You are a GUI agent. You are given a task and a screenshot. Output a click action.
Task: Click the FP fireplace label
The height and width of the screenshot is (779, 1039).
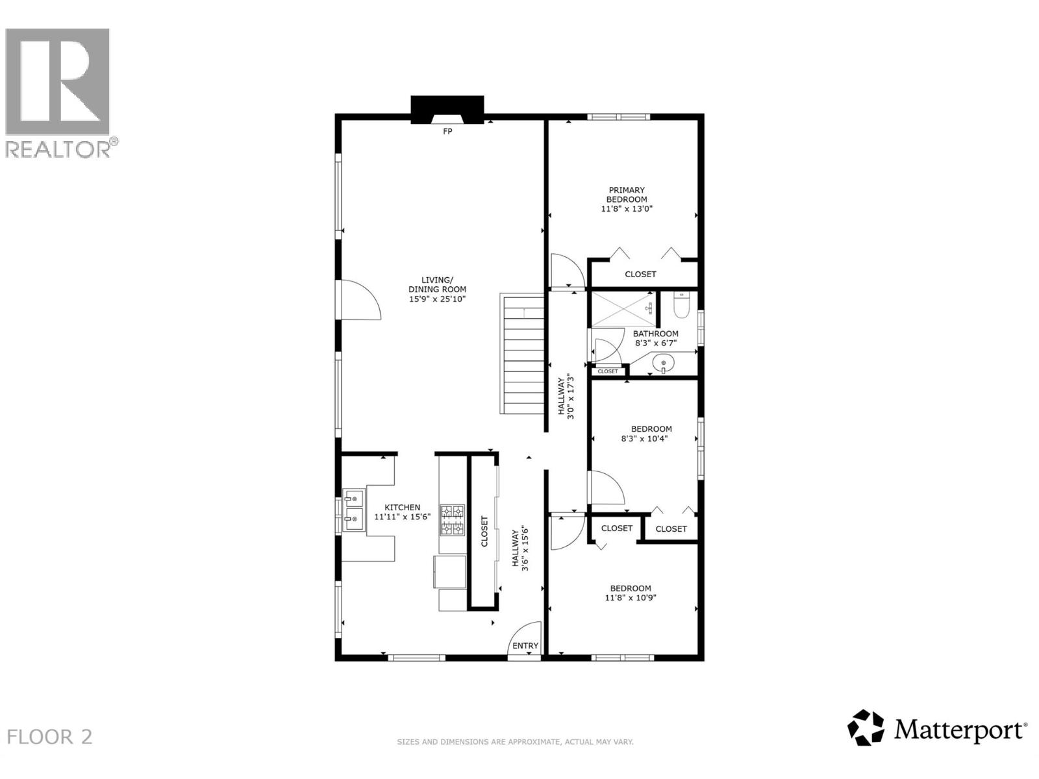pyautogui.click(x=447, y=132)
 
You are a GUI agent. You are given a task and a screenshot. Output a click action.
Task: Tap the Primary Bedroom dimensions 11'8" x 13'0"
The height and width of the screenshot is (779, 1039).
pyautogui.click(x=627, y=209)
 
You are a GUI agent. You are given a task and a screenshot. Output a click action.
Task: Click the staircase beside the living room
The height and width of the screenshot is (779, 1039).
pyautogui.click(x=522, y=354)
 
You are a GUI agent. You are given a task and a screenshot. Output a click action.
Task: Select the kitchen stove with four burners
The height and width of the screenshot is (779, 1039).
pyautogui.click(x=453, y=520)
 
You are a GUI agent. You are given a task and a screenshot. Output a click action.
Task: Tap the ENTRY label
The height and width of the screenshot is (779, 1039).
pyautogui.click(x=525, y=645)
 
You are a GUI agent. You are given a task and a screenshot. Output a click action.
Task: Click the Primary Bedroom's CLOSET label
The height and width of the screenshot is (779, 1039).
pyautogui.click(x=640, y=274)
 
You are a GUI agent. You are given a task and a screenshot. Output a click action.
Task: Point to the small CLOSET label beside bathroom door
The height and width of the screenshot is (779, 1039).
pyautogui.click(x=608, y=371)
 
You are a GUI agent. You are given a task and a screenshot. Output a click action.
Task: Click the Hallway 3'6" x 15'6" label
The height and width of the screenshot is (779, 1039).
pyautogui.click(x=520, y=549)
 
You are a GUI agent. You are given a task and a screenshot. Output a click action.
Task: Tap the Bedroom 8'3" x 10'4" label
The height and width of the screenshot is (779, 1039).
pyautogui.click(x=651, y=434)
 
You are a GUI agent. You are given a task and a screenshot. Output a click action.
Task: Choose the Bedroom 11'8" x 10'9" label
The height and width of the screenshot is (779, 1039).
pyautogui.click(x=631, y=593)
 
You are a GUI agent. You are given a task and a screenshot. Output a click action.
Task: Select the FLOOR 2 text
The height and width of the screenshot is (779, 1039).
pyautogui.click(x=49, y=737)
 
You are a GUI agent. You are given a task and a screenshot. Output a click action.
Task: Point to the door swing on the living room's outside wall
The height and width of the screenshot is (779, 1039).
pyautogui.click(x=358, y=301)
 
